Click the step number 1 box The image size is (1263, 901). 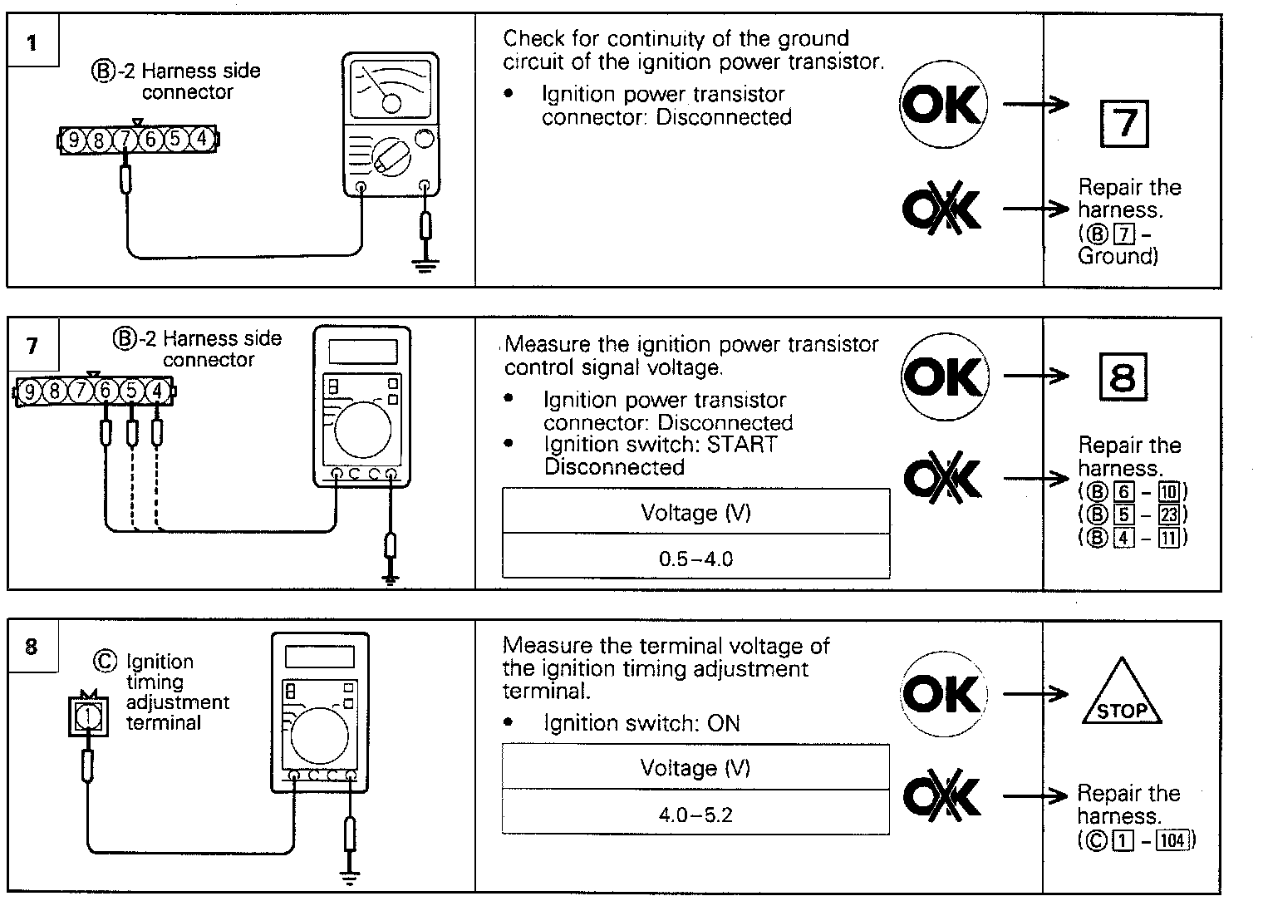click(x=32, y=42)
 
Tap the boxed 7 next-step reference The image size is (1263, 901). click(x=1123, y=123)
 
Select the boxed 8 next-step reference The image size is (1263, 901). click(x=1122, y=378)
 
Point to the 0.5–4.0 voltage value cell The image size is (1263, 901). click(x=695, y=558)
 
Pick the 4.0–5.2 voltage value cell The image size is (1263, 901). click(x=695, y=814)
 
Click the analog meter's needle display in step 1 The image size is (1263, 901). click(x=391, y=89)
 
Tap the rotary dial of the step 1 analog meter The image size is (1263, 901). click(x=390, y=155)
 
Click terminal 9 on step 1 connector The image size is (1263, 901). click(x=74, y=140)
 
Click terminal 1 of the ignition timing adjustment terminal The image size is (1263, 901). click(x=89, y=714)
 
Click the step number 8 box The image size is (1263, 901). click(x=32, y=646)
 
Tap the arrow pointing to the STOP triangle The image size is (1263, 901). click(x=1035, y=694)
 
